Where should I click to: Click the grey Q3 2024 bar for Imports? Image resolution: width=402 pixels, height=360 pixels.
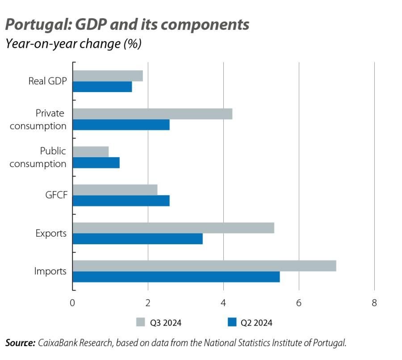204,266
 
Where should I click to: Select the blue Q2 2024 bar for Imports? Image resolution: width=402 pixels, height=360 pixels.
176,277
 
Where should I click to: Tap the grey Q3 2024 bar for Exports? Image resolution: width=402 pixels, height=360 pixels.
173,228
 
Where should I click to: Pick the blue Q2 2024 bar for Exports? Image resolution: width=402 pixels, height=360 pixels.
138,239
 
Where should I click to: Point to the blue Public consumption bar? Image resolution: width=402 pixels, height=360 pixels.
96,163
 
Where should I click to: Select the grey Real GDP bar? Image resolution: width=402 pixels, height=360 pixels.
108,76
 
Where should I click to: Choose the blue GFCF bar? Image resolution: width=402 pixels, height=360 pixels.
121,201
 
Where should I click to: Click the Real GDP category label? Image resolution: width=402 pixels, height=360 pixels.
47,81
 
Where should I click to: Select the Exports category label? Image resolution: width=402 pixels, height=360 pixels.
51,233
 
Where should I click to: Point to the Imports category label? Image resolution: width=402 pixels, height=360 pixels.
50,271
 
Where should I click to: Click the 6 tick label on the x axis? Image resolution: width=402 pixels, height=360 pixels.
299,303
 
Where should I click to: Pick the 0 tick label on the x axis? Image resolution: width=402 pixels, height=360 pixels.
72,303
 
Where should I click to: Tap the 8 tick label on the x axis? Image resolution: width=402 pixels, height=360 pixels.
374,303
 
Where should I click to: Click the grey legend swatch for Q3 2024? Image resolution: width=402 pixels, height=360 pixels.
140,322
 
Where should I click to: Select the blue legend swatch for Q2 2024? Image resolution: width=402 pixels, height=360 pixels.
231,322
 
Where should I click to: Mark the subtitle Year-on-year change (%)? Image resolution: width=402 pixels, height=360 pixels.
73,44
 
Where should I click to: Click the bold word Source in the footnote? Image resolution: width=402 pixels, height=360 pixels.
20,343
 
